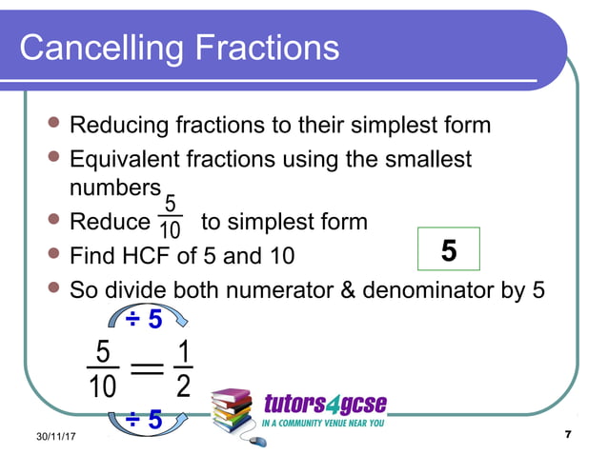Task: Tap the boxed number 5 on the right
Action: pos(449,250)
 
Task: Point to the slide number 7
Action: pos(568,434)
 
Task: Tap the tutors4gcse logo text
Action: pos(324,402)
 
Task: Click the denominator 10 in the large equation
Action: pos(103,387)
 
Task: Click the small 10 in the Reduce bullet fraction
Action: pos(171,231)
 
